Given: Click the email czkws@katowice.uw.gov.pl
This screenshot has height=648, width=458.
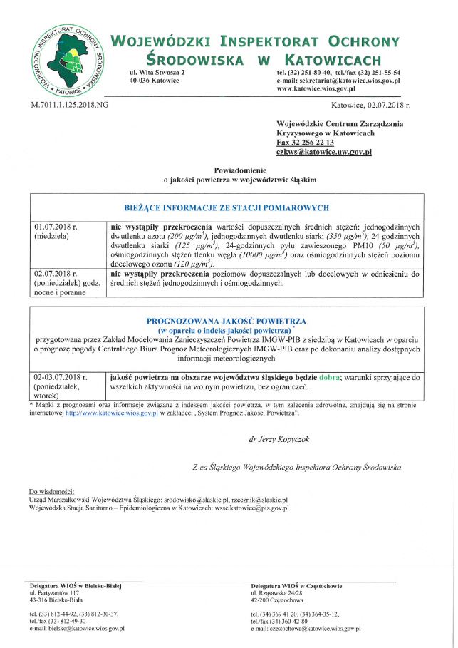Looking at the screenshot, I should coord(323,152).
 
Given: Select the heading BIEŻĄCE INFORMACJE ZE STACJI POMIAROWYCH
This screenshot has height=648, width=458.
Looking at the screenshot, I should coord(227,207).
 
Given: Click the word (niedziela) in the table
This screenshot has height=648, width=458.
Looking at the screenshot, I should coord(52,236).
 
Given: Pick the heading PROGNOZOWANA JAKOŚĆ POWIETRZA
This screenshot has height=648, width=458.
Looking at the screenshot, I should coord(226,322).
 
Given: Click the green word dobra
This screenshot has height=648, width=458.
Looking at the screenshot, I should coord(328,376).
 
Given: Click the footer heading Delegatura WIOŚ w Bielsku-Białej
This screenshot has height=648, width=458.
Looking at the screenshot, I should coord(76,586).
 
